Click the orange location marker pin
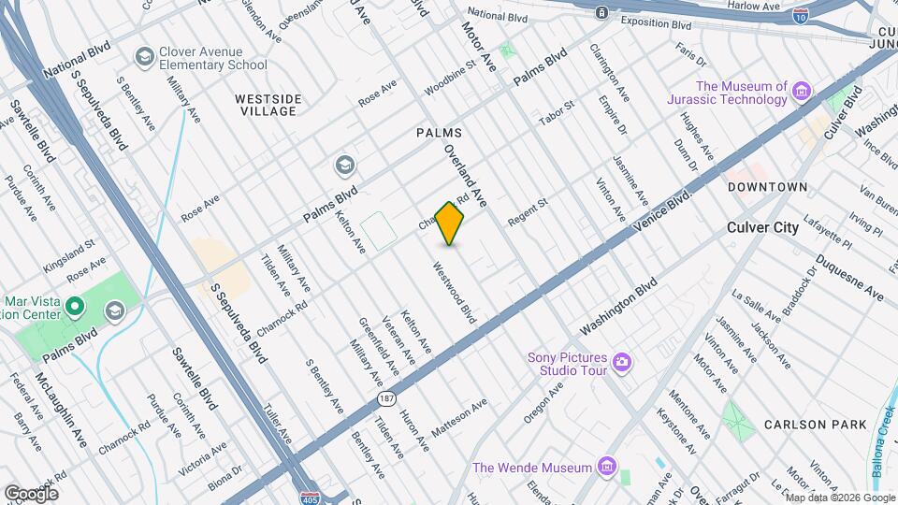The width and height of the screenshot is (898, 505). coord(450,224)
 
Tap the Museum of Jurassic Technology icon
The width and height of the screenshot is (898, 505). coord(801,92)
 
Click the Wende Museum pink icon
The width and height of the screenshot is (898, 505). coord(606,467)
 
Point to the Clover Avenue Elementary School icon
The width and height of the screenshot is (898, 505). coord(143,58)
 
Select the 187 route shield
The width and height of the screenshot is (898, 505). coord(385,399)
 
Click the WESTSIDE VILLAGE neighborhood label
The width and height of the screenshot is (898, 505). coord(268,105)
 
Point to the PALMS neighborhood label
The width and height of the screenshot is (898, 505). coord(440,134)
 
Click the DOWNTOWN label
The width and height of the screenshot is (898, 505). coord(768,187)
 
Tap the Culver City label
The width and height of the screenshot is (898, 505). coord(763,227)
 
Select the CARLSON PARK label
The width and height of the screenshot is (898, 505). coord(815,425)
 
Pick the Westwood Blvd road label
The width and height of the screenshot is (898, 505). coord(455,293)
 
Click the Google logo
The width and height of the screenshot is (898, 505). coord(31,493)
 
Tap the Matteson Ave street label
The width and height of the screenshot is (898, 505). coord(459,419)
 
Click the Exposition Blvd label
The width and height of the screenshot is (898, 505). coord(656,23)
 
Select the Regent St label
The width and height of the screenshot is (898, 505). coord(528,211)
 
